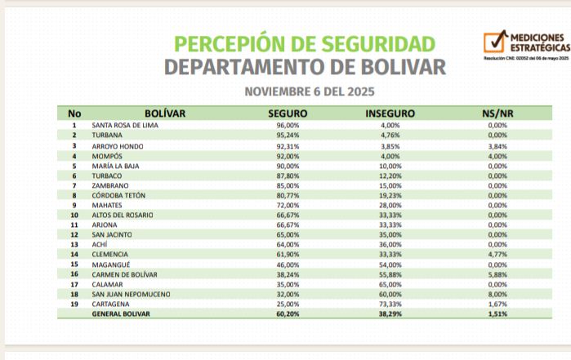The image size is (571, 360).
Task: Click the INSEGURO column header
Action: pos(390,113)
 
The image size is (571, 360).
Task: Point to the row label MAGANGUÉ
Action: pos(111,264)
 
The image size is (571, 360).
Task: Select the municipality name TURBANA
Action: pos(107,135)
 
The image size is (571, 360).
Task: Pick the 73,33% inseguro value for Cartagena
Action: pos(390,303)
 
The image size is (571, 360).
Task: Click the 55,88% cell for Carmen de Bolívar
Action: pos(390,274)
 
